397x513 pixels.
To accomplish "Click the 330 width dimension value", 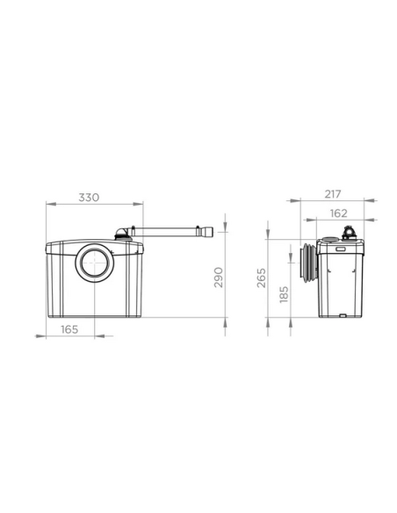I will pyautogui.click(x=90, y=197).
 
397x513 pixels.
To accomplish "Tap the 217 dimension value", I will pyautogui.click(x=332, y=193).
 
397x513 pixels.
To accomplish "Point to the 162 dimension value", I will pyautogui.click(x=339, y=213).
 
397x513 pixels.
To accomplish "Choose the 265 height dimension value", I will pyautogui.click(x=262, y=279).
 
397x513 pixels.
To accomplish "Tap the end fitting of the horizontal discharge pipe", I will pyautogui.click(x=207, y=234).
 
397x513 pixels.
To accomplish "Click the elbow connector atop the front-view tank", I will pyautogui.click(x=123, y=234).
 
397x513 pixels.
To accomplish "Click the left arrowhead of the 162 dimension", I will pyautogui.click(x=304, y=220).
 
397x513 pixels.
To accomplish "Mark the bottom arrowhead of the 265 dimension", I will pyautogui.click(x=269, y=326).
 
